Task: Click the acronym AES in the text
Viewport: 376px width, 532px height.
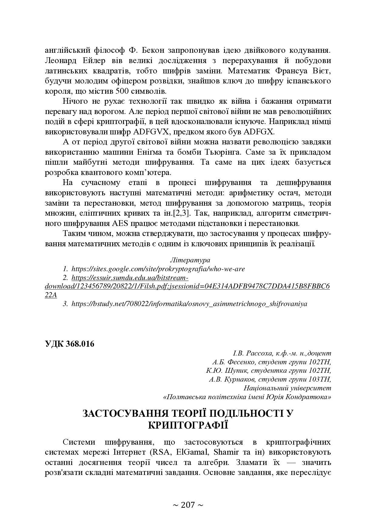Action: point(121,224)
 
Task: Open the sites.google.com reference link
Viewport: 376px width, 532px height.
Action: point(158,269)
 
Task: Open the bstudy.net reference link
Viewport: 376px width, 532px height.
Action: point(189,304)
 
